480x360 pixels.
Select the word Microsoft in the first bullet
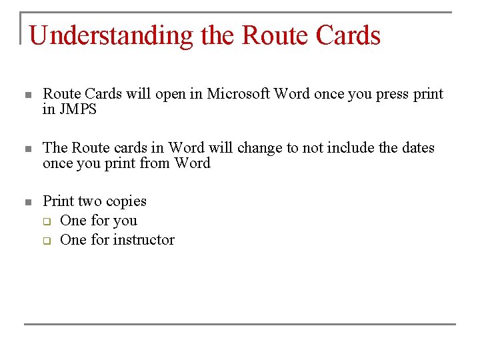(x=237, y=94)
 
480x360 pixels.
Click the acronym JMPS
(x=78, y=110)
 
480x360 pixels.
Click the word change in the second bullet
(x=260, y=147)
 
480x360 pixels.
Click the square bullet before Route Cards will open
(x=27, y=95)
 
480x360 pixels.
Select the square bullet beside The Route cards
(x=27, y=149)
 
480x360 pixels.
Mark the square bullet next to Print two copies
(x=27, y=202)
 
